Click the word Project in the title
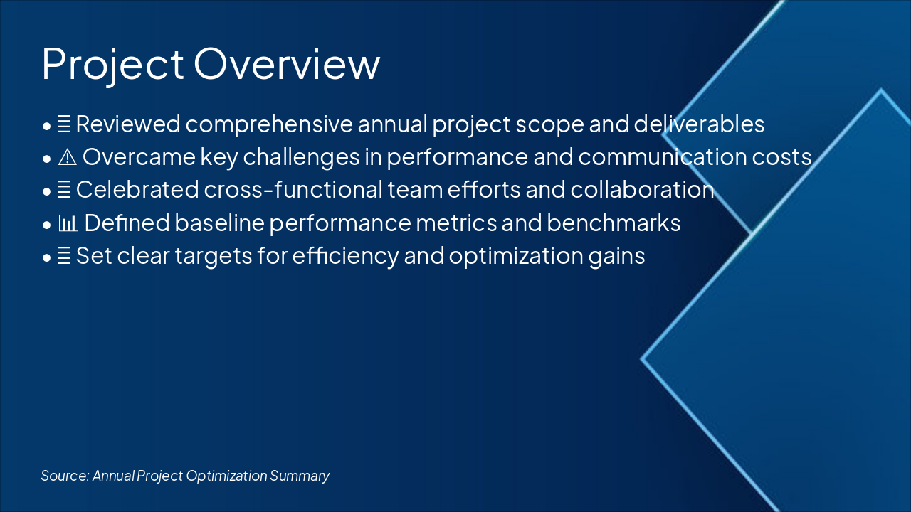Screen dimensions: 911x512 [112, 65]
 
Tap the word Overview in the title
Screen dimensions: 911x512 [287, 63]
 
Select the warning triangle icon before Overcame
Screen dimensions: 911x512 [67, 157]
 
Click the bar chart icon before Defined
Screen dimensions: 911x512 [68, 223]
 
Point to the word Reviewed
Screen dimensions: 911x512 [128, 124]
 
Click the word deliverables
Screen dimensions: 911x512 [699, 124]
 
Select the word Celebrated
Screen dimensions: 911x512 [137, 190]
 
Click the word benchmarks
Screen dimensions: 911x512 [614, 223]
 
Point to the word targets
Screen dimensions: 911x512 [214, 257]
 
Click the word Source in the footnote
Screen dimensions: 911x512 [65, 476]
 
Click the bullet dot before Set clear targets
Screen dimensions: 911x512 [47, 257]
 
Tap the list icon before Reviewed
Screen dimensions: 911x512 [64, 124]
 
